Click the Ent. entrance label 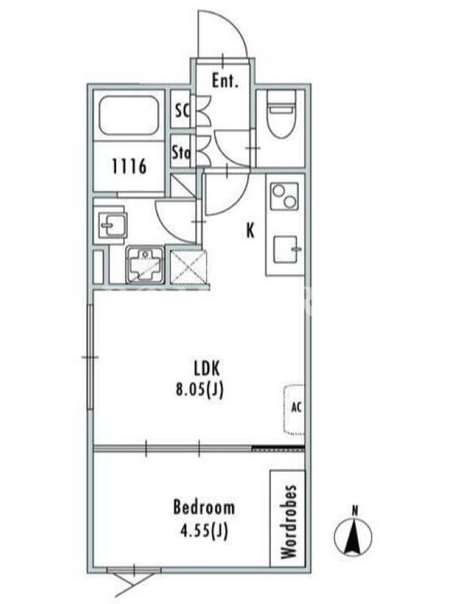pyautogui.click(x=225, y=82)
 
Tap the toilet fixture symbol pyautogui.click(x=281, y=114)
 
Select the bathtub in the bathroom pyautogui.click(x=129, y=116)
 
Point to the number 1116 pyautogui.click(x=129, y=167)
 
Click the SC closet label pyautogui.click(x=182, y=111)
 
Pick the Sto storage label pyautogui.click(x=181, y=153)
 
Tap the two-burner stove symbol pyautogui.click(x=285, y=196)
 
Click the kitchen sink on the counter pyautogui.click(x=286, y=249)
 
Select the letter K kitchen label pyautogui.click(x=251, y=231)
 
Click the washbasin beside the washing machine pyautogui.click(x=111, y=224)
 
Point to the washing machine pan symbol pyautogui.click(x=145, y=265)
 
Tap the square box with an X pyautogui.click(x=189, y=267)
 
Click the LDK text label pyautogui.click(x=206, y=368)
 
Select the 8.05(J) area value pyautogui.click(x=199, y=390)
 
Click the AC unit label pyautogui.click(x=296, y=407)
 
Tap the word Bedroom pyautogui.click(x=204, y=507)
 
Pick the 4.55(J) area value pyautogui.click(x=204, y=532)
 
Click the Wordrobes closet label pyautogui.click(x=289, y=521)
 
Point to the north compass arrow pyautogui.click(x=353, y=535)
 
